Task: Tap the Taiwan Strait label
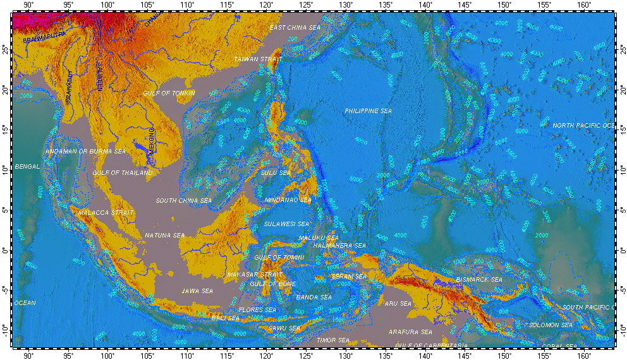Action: (x=257, y=59)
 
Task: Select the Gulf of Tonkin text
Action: (x=169, y=93)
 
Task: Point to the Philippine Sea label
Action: (x=368, y=111)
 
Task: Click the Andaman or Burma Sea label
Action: (x=85, y=152)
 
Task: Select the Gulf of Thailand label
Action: (x=123, y=172)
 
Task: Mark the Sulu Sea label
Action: (x=276, y=172)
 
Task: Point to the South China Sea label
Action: (x=184, y=200)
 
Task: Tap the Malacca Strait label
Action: (x=106, y=213)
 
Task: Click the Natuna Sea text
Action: (x=165, y=235)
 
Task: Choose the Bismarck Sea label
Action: (x=479, y=279)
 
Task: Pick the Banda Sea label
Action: (x=314, y=297)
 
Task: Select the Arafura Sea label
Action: (x=410, y=332)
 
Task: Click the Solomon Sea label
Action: (x=551, y=325)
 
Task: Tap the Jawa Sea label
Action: (x=197, y=291)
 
